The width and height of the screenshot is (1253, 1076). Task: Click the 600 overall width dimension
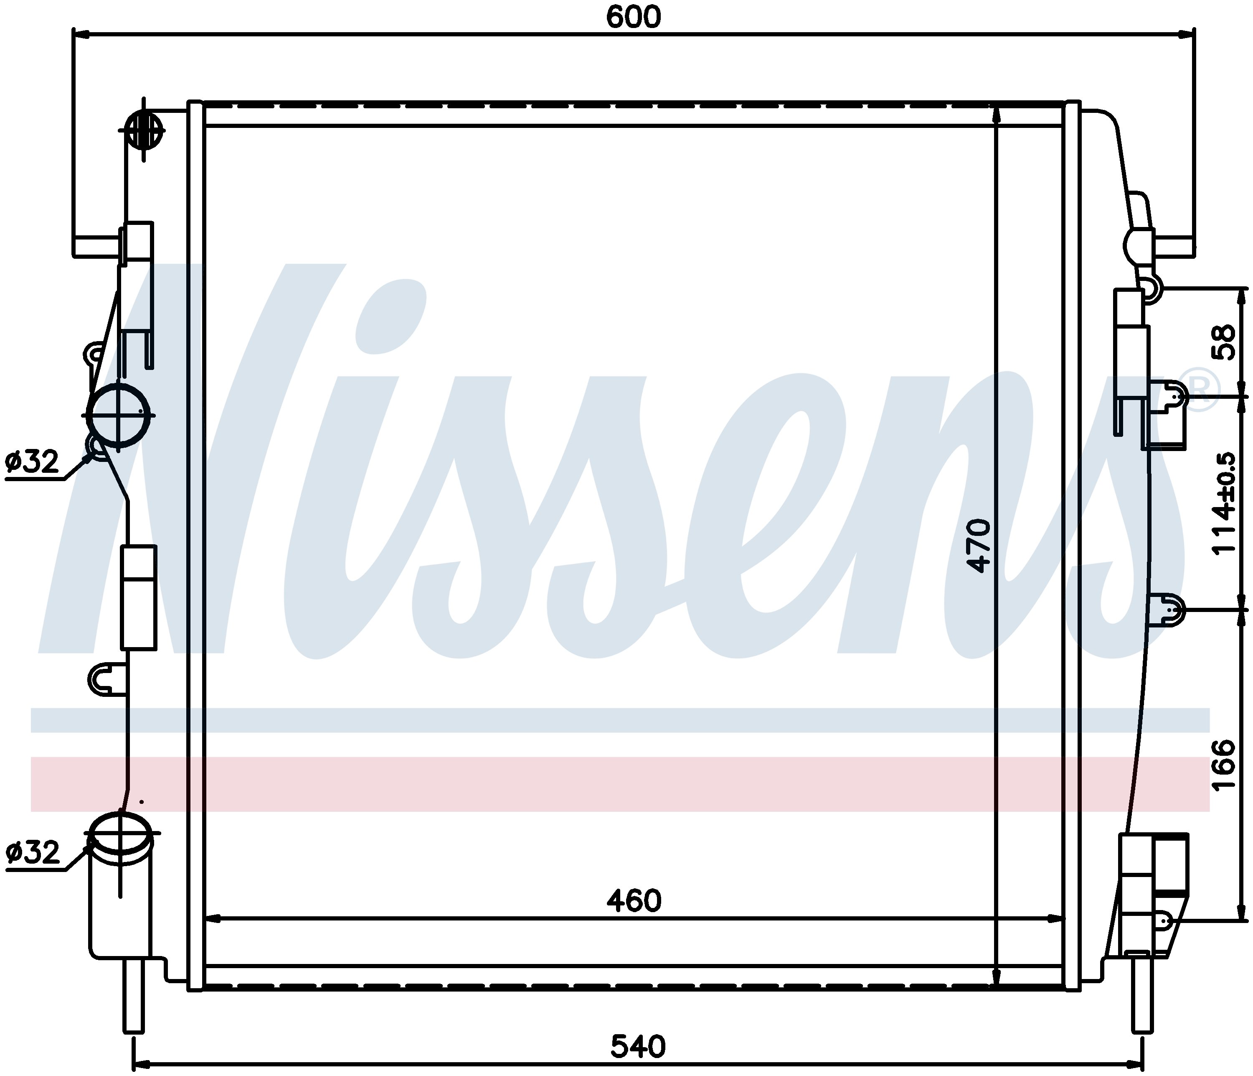[633, 18]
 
